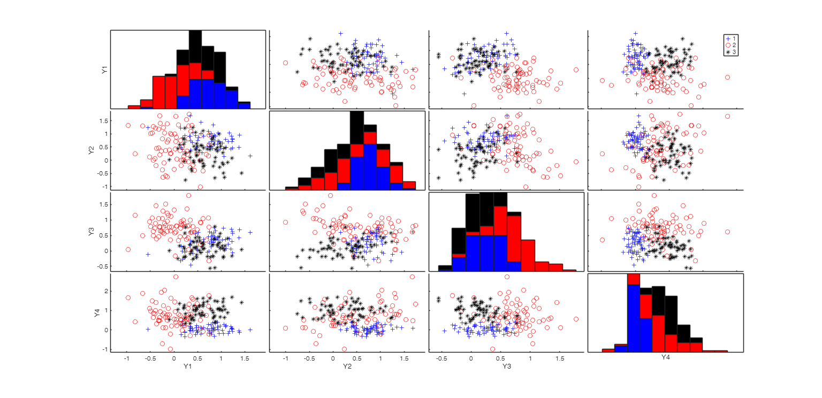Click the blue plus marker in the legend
click(728, 39)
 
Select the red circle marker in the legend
click(728, 45)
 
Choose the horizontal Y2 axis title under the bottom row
click(347, 366)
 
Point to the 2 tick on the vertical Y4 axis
click(106, 291)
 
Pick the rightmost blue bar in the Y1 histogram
click(244, 105)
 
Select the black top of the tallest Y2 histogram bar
click(357, 127)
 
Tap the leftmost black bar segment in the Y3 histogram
click(445, 267)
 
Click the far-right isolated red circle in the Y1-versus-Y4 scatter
click(727, 78)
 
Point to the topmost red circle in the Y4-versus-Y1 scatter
click(176, 277)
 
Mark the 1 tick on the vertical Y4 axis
click(106, 310)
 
